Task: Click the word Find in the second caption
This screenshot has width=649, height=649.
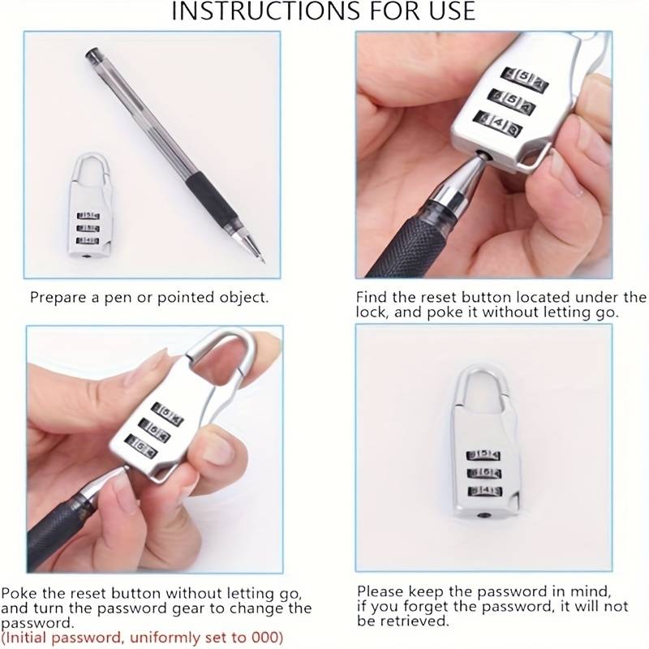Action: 372,297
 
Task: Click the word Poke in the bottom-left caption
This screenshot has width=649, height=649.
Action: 19,593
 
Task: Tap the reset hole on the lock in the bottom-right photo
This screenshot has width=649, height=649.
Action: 482,515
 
